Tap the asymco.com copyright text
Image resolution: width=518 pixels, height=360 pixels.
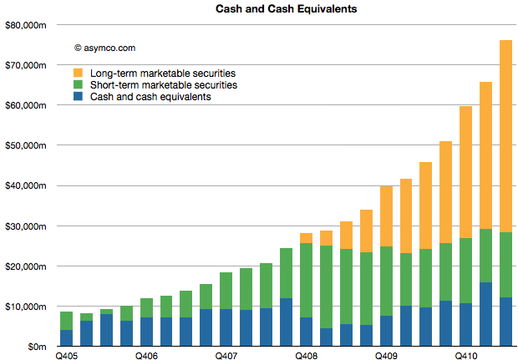(104, 48)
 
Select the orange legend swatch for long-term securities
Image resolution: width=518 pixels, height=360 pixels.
(79, 73)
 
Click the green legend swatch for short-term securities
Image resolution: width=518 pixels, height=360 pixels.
(79, 84)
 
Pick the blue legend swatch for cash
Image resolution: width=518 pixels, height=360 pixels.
(79, 97)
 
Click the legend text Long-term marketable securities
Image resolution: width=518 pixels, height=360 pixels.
(162, 73)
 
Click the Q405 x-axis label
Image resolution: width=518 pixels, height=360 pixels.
(66, 355)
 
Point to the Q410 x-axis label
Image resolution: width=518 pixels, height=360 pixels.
(466, 355)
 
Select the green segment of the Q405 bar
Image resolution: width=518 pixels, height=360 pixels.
(66, 321)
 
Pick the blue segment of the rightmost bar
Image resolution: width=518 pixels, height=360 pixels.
(505, 322)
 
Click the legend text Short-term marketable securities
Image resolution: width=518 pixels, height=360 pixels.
(163, 84)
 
